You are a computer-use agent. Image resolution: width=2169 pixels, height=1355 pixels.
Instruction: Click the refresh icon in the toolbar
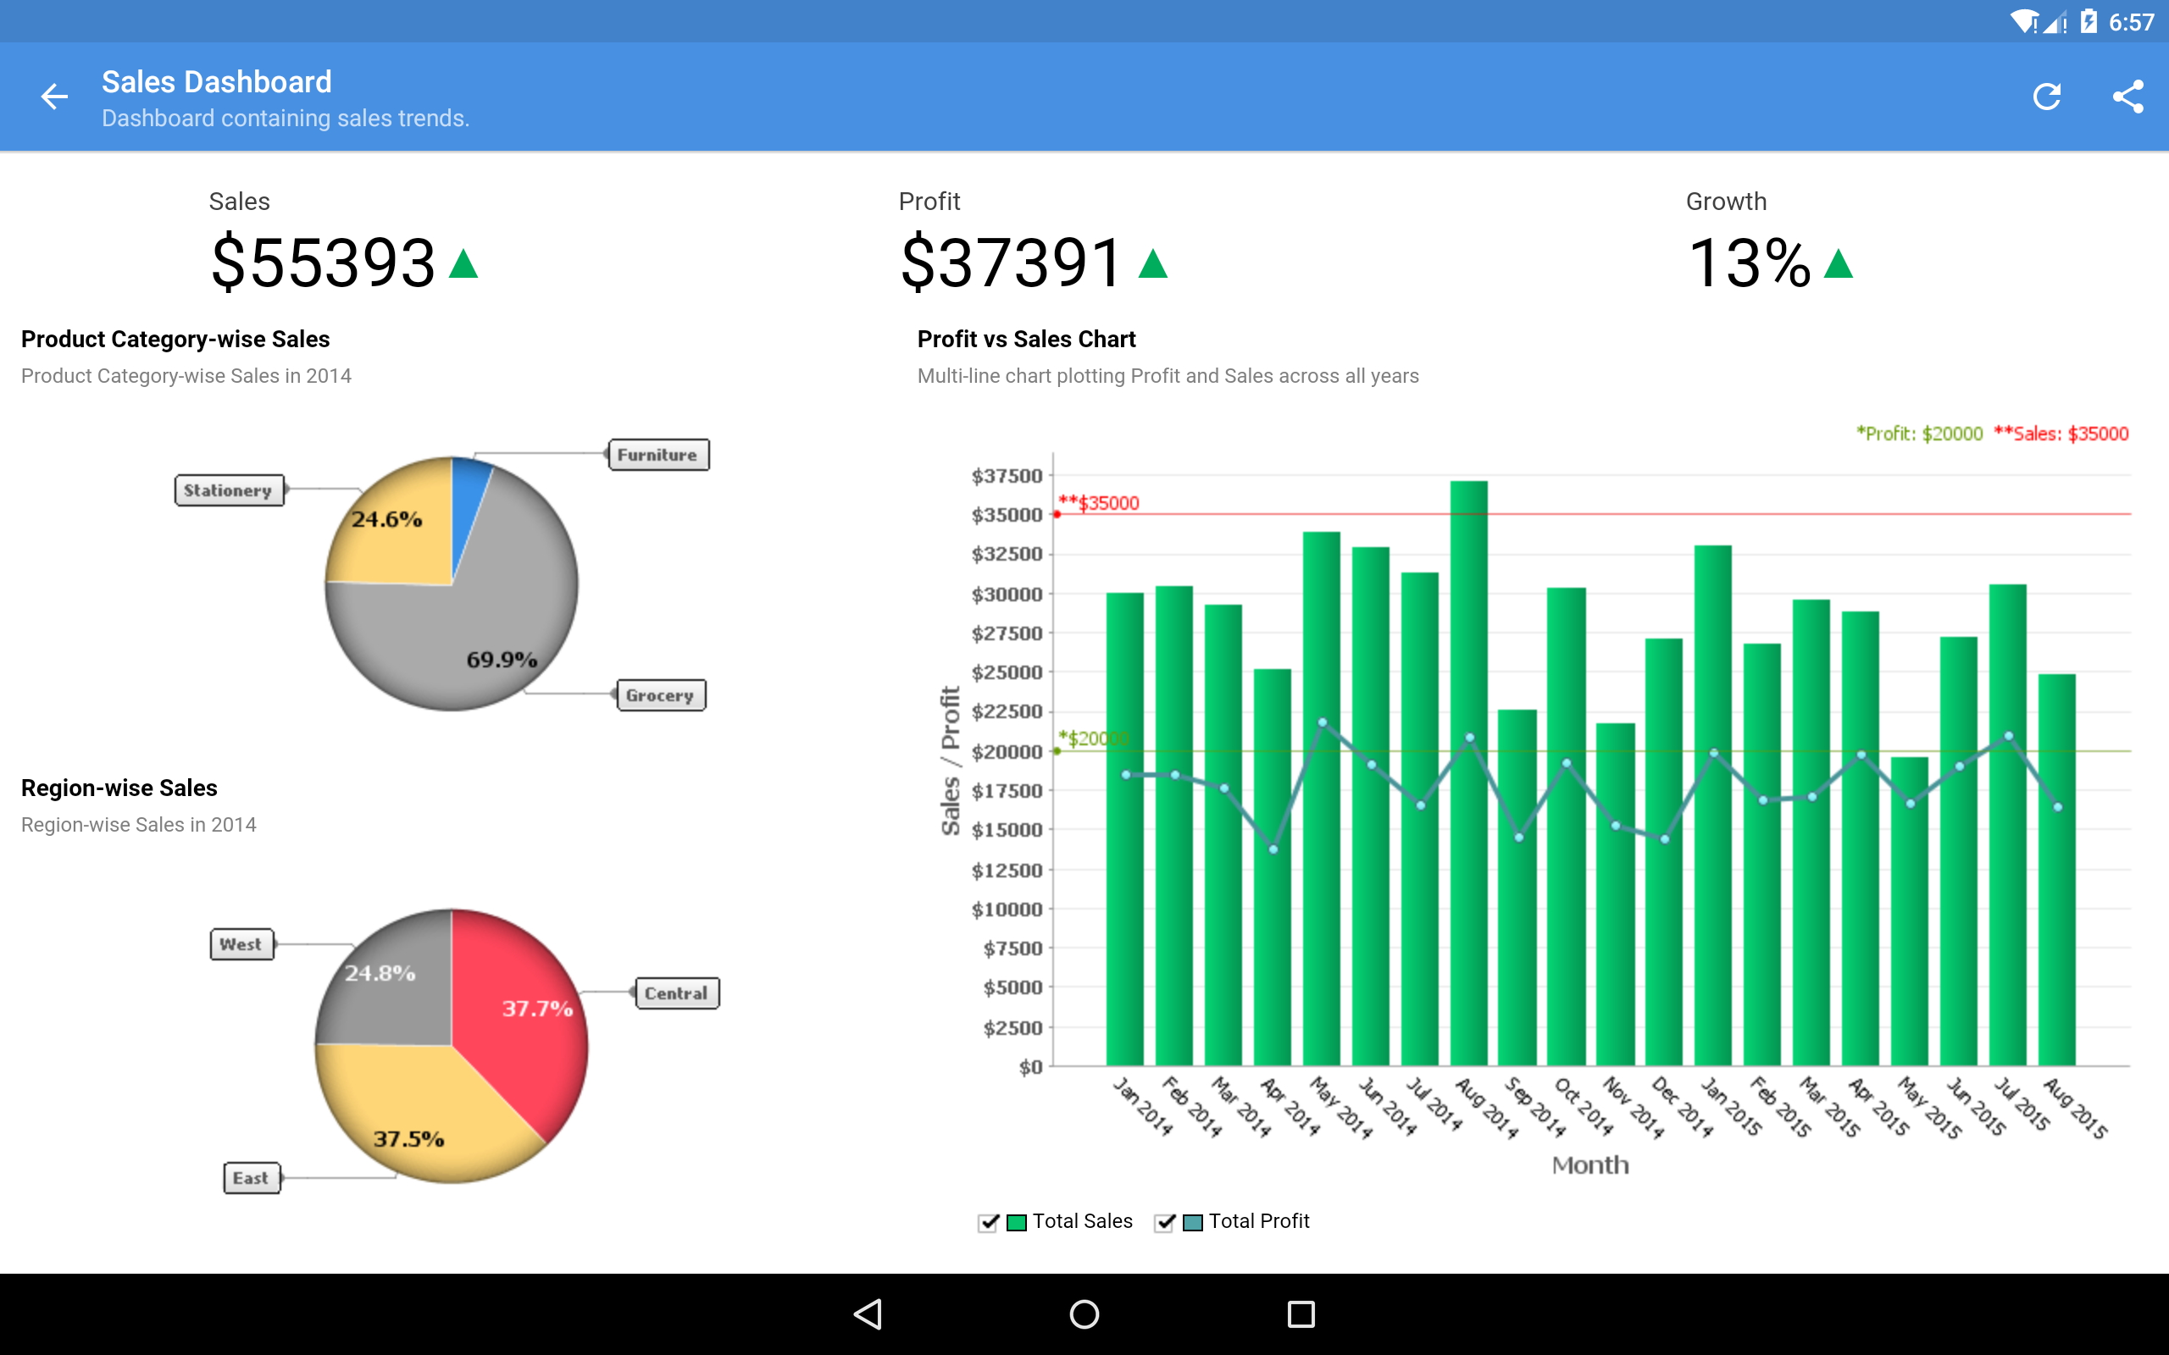(2047, 97)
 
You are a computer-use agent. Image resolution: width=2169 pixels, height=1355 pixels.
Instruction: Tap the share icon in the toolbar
(2127, 97)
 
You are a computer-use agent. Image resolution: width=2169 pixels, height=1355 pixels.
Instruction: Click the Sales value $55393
(324, 263)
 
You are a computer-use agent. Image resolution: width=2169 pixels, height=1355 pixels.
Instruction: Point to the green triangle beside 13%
(1839, 264)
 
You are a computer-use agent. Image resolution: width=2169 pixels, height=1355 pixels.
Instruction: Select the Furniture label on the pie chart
(657, 456)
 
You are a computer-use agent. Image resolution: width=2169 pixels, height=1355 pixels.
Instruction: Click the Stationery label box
(229, 490)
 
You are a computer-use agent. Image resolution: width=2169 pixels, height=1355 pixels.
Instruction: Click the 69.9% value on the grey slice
(501, 660)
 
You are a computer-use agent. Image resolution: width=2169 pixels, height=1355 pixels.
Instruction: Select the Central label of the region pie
(677, 993)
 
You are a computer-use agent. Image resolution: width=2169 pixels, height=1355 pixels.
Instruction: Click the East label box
(251, 1177)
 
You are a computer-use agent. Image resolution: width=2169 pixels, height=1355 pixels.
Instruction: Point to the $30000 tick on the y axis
(1007, 595)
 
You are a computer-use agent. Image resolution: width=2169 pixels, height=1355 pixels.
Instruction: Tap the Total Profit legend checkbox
(1164, 1222)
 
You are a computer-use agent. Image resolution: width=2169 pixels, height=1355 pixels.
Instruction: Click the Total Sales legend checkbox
(988, 1222)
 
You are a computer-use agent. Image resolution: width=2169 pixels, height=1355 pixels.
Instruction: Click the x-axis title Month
(1590, 1165)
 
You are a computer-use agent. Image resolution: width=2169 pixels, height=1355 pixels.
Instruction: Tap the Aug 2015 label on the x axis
(2076, 1109)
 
